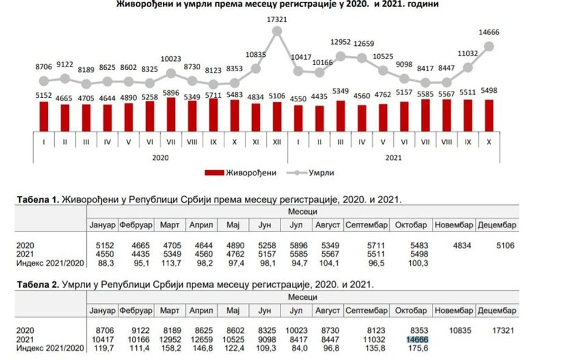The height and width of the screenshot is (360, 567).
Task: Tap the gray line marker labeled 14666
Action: pyautogui.click(x=489, y=46)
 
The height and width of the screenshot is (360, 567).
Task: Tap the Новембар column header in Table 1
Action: pyautogui.click(x=452, y=225)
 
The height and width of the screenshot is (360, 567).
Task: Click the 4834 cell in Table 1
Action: pyautogui.click(x=454, y=245)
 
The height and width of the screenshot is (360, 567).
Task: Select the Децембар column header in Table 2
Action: pyautogui.click(x=497, y=311)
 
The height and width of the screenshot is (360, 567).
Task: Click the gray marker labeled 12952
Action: pyautogui.click(x=341, y=56)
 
